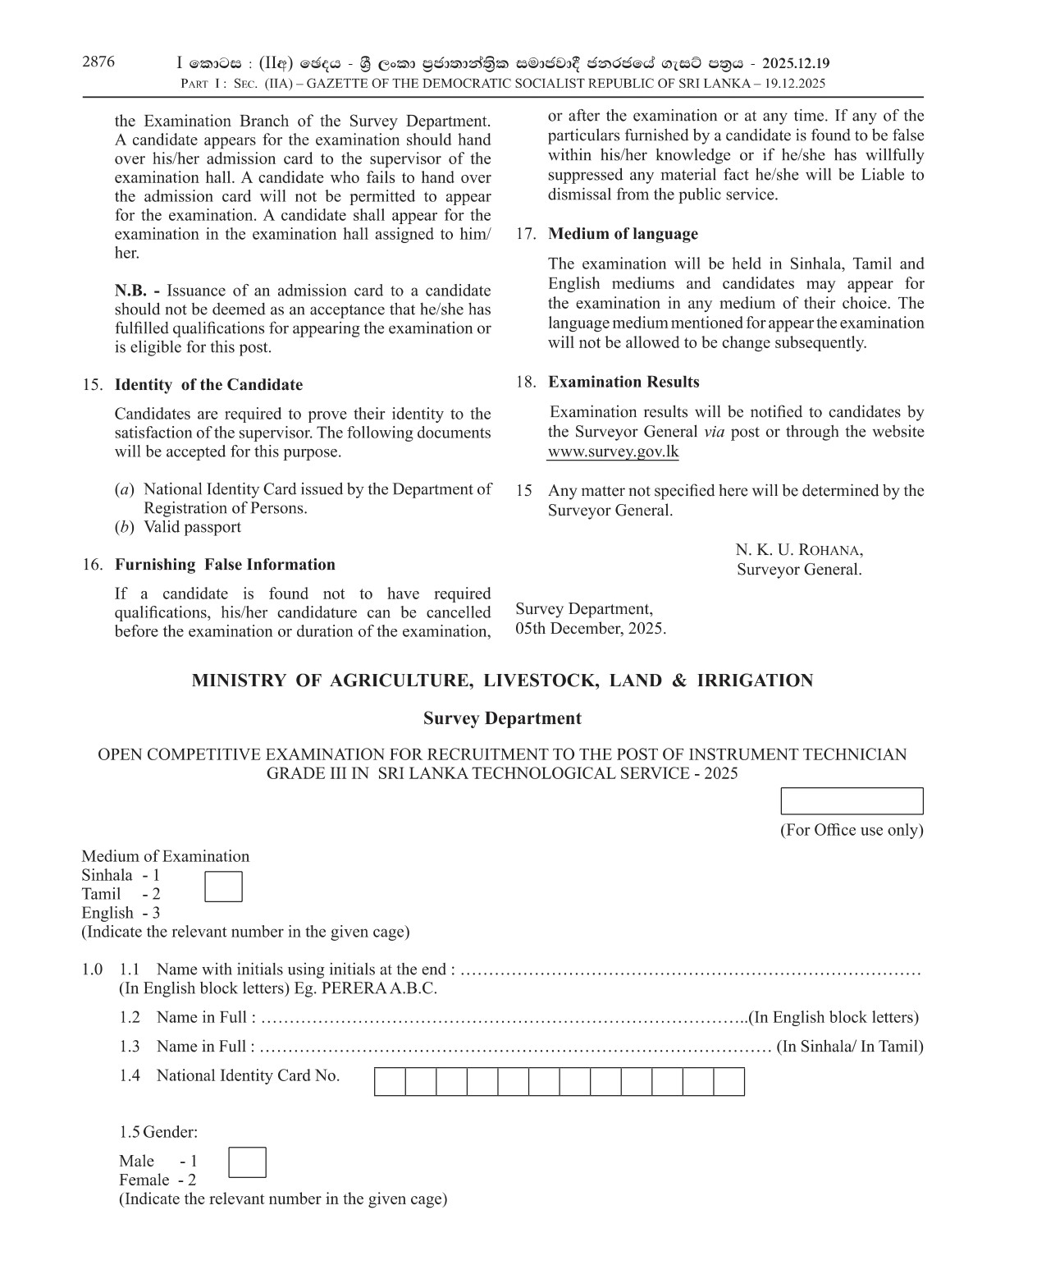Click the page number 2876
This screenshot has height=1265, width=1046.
[98, 62]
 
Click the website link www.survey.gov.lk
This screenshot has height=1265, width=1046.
[613, 451]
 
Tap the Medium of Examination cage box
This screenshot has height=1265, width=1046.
[223, 887]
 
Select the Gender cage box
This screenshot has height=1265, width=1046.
[246, 1162]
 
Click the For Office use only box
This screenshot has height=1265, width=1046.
[852, 800]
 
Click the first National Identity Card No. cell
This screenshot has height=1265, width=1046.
[390, 1081]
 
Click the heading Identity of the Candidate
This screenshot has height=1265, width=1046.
[208, 385]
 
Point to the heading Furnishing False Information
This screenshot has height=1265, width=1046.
[225, 565]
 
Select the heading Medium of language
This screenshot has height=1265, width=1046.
[623, 234]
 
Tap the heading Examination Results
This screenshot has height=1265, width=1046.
[623, 383]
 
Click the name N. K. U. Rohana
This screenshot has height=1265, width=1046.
[798, 550]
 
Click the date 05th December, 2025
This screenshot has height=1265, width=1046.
[591, 629]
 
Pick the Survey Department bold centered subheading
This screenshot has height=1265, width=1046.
[502, 718]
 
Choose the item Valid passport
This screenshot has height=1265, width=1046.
[192, 527]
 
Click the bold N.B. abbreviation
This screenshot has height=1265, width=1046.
[137, 291]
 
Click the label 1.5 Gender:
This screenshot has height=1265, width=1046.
[158, 1132]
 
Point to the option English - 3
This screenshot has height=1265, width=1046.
[121, 913]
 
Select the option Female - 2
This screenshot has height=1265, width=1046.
[158, 1180]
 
